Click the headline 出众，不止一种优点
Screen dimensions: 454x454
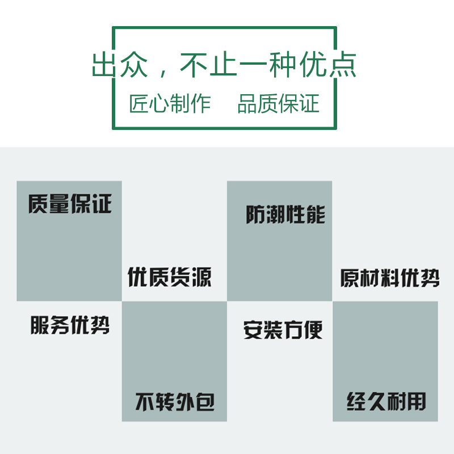point(224,65)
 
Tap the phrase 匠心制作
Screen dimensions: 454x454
point(170,104)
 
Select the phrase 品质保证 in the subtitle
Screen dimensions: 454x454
point(278,104)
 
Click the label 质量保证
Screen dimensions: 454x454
point(70,204)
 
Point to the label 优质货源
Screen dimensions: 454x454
point(170,278)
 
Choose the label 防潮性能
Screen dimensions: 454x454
point(285,215)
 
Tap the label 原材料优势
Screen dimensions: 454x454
point(390,278)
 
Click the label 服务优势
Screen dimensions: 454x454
point(70,326)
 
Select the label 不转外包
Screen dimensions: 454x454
point(175,402)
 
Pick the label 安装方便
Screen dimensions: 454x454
point(283,330)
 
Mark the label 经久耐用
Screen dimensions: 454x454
point(386,402)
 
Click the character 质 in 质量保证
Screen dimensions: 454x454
point(38,204)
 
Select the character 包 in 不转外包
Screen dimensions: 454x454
point(204,402)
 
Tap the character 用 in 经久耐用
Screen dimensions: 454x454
point(416,402)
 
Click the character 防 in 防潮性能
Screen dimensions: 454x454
point(255,215)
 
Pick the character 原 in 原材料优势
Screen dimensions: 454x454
point(350,278)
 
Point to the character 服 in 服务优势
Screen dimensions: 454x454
point(40,326)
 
